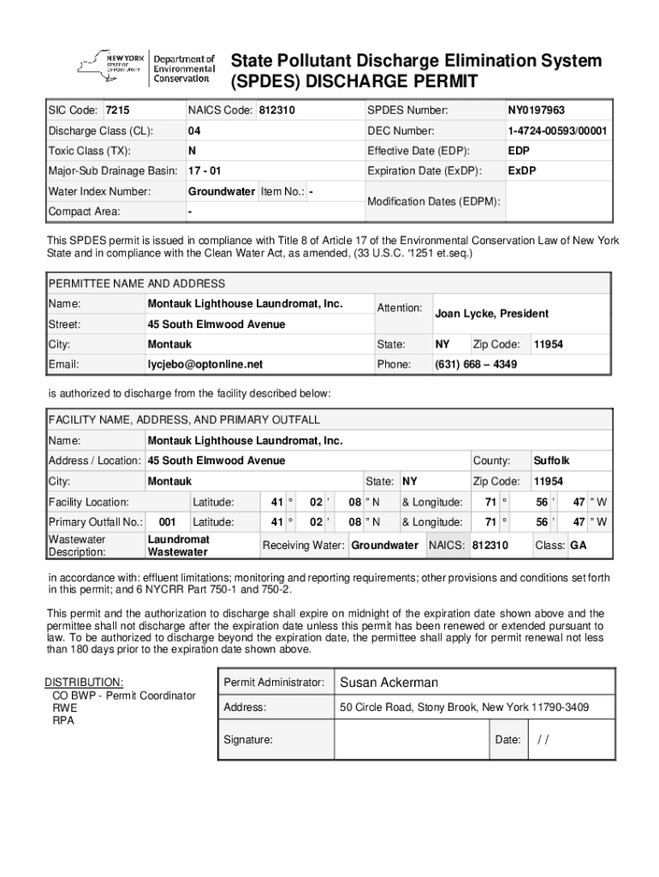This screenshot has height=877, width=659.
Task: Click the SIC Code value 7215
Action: (x=117, y=111)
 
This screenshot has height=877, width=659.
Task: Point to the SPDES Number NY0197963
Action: (x=536, y=111)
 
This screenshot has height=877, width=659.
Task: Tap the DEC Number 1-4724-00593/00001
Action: (x=557, y=131)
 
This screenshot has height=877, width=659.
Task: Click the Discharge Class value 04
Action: (x=194, y=131)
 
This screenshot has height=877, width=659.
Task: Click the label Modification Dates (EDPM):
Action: (x=434, y=201)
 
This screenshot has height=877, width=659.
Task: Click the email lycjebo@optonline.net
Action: (x=205, y=364)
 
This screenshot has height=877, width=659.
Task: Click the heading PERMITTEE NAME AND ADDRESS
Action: (x=137, y=283)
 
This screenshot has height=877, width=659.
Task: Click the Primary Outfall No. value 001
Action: (x=168, y=522)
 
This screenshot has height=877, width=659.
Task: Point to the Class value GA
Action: (x=579, y=546)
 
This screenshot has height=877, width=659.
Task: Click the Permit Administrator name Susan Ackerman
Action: (x=389, y=683)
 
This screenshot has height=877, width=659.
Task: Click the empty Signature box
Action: (x=411, y=740)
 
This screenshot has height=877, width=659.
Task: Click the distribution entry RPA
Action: (x=63, y=720)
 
